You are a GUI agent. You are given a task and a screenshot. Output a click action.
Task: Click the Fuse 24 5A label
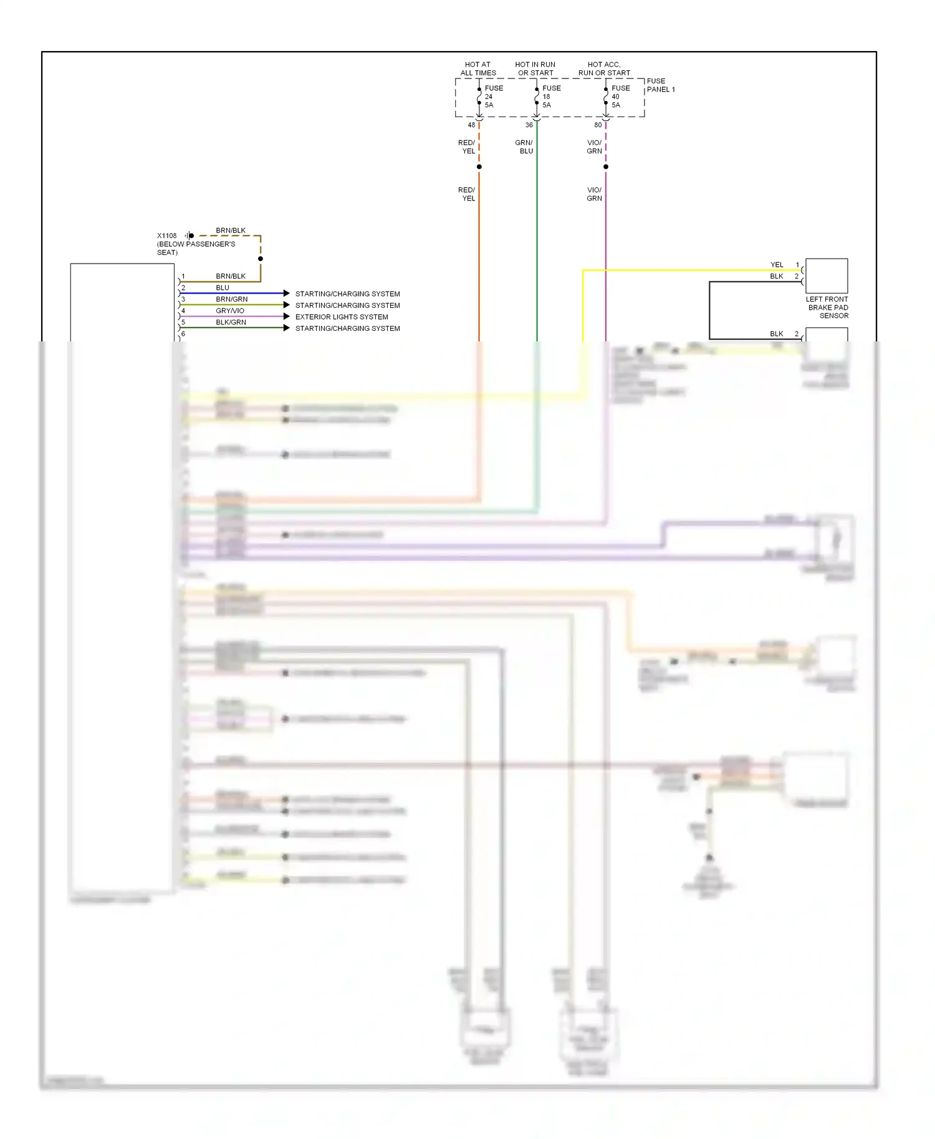(x=493, y=97)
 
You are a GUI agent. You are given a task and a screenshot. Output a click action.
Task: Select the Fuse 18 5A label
(x=550, y=97)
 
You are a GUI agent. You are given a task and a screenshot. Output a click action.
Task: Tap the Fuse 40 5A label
(x=620, y=97)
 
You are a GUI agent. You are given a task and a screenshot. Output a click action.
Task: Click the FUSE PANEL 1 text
(x=660, y=85)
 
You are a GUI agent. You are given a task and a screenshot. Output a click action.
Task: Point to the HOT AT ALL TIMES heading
(x=477, y=69)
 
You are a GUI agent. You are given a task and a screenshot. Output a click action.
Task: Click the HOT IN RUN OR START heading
(x=535, y=69)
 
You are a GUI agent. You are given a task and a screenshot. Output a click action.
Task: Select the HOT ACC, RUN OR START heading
(x=604, y=69)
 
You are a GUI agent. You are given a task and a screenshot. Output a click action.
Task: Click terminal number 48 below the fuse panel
(x=471, y=125)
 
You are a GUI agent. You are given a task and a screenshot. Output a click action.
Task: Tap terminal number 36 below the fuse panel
(x=529, y=125)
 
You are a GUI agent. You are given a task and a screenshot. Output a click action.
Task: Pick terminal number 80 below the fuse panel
(x=598, y=125)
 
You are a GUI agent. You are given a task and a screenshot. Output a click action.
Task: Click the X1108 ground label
(x=166, y=236)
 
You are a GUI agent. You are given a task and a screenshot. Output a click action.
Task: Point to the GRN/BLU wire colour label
(x=524, y=147)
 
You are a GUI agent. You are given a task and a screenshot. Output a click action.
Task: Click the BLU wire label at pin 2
(x=223, y=288)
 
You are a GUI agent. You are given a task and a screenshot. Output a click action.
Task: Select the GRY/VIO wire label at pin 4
(x=230, y=311)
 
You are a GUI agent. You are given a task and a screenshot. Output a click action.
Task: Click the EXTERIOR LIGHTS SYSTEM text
(x=342, y=317)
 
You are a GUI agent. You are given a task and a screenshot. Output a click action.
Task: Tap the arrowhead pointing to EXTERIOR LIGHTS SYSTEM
(x=286, y=317)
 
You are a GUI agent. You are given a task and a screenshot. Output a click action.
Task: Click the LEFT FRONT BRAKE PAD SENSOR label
(x=827, y=308)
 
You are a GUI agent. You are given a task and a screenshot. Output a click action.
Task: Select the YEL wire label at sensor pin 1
(x=777, y=265)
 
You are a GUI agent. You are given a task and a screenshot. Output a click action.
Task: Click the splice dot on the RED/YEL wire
(x=479, y=167)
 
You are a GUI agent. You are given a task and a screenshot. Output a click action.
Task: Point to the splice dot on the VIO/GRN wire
(x=605, y=167)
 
